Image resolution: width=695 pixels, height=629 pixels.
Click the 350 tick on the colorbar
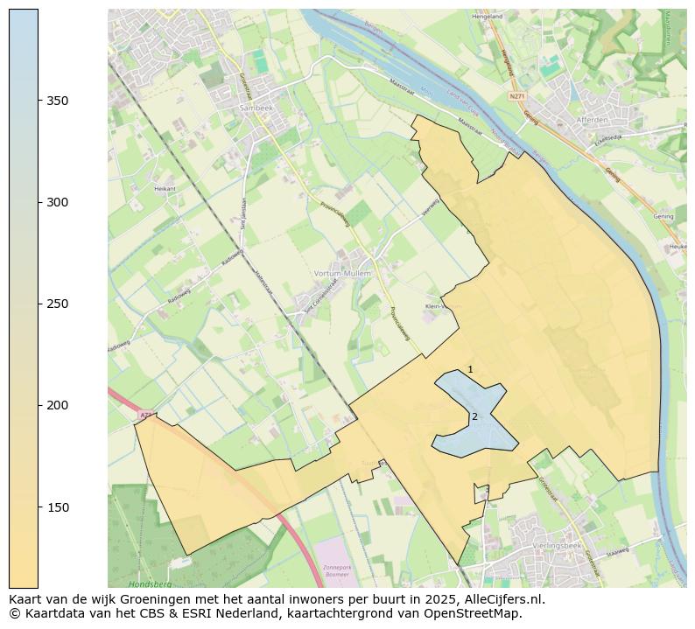point(58,101)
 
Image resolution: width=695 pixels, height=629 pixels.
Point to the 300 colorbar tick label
point(58,202)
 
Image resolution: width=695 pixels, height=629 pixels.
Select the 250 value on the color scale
point(58,304)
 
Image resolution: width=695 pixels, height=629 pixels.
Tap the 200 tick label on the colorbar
point(58,405)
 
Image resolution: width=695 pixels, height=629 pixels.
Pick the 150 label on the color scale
point(58,507)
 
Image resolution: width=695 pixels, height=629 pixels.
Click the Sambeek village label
point(255,108)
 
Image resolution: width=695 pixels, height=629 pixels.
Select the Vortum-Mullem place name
point(342,274)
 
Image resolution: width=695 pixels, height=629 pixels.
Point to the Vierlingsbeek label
point(551,544)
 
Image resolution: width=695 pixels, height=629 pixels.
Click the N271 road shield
point(518,96)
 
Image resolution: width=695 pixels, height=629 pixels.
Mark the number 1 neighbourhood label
point(470,370)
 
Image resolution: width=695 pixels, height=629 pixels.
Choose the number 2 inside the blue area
point(474,416)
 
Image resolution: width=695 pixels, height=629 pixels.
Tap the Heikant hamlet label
point(165,188)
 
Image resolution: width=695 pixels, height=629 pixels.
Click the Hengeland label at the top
point(488,17)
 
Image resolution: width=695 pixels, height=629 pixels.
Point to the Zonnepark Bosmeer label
point(336,570)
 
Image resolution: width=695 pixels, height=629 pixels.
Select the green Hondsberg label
point(149,584)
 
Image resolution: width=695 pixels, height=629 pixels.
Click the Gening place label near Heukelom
point(663,216)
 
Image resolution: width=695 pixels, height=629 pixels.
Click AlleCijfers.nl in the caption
point(504,600)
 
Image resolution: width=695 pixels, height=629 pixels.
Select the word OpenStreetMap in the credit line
point(474,613)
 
